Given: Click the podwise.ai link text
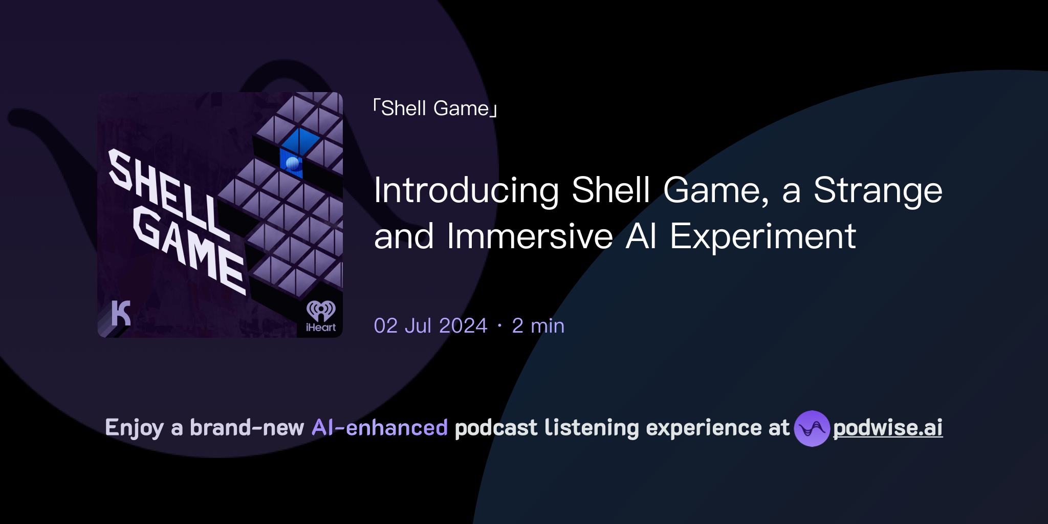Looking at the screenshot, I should click(887, 428).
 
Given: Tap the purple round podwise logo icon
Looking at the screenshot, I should click(811, 428).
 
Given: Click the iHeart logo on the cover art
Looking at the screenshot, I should click(321, 316).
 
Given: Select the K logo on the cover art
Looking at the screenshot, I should click(121, 313).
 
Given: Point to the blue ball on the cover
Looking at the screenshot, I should click(293, 164).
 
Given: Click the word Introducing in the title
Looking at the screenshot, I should click(466, 190).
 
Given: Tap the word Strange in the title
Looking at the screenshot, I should click(878, 190).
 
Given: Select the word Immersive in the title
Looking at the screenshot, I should click(530, 236).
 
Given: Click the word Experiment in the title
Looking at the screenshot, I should click(762, 236).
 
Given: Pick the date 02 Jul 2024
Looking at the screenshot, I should click(430, 326).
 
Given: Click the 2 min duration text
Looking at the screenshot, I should click(538, 326).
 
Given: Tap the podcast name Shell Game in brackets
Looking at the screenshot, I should click(435, 108).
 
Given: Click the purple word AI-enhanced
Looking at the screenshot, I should click(380, 428).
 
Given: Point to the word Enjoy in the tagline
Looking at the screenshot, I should click(134, 428).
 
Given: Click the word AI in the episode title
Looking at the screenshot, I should click(641, 236).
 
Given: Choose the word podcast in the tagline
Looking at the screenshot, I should click(496, 428).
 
